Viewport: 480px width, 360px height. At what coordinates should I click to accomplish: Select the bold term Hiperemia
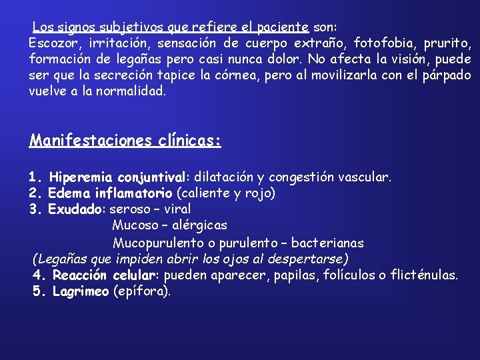point(81,178)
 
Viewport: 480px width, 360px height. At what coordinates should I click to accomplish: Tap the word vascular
point(365,178)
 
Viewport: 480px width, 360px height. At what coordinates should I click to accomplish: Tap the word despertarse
point(309,259)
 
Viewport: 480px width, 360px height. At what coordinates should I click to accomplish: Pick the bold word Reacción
point(81,275)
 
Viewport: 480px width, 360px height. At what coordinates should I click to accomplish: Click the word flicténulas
point(425,275)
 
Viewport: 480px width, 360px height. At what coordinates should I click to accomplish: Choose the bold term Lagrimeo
point(80,291)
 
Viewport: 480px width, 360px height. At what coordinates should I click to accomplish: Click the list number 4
point(37,275)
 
